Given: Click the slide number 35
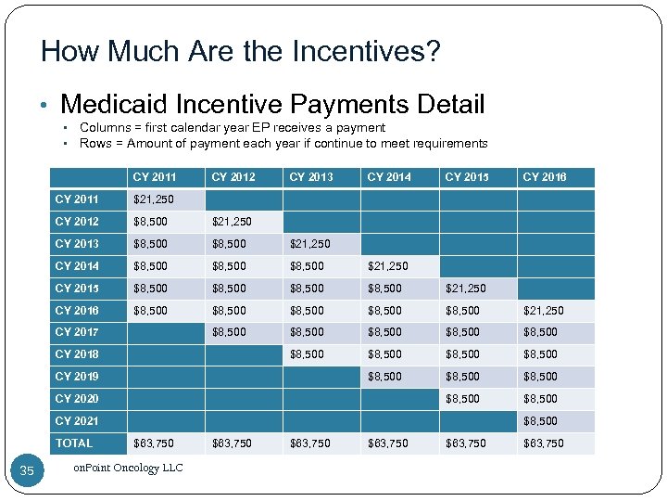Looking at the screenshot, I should click(x=26, y=471).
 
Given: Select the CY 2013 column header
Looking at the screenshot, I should click(x=310, y=177).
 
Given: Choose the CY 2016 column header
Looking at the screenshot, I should click(x=544, y=177).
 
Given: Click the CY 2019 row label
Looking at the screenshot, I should click(x=76, y=377).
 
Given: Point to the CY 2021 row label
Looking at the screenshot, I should click(x=76, y=421).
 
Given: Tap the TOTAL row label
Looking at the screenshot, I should click(x=74, y=443).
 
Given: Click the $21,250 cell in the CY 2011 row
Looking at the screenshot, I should click(x=154, y=199).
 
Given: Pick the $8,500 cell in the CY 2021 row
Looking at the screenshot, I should click(x=540, y=421).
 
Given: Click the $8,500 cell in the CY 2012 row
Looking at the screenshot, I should click(x=151, y=222).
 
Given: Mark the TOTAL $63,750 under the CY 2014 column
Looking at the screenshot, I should click(x=387, y=443).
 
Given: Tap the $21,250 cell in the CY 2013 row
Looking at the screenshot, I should click(x=309, y=244).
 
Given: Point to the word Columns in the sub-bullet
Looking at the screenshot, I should click(x=105, y=127).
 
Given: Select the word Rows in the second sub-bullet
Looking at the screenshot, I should click(x=95, y=143).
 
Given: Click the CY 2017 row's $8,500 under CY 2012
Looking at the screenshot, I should click(x=229, y=332).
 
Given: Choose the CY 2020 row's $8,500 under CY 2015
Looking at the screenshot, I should click(x=462, y=399).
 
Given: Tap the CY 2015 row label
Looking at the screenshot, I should click(x=76, y=289).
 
